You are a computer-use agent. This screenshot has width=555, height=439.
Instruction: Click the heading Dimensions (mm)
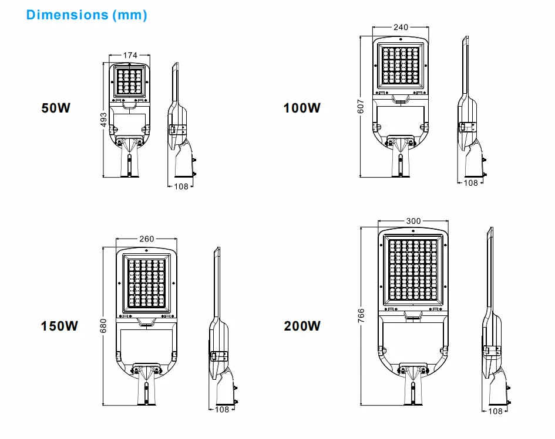(87, 15)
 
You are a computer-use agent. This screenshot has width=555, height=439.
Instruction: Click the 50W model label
(56, 108)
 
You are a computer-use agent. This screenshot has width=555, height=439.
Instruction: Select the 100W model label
(302, 108)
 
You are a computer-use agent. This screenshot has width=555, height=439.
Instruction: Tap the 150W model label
(59, 326)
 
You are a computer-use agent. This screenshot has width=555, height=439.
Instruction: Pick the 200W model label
(302, 326)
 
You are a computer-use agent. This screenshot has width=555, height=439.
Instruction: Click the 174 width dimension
(130, 55)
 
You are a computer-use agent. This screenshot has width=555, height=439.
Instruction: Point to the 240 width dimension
(401, 27)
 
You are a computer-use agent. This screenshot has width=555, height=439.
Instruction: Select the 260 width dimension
(147, 239)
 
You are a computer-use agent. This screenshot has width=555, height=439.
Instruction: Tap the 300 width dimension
(413, 221)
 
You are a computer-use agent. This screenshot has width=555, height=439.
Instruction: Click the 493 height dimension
(103, 120)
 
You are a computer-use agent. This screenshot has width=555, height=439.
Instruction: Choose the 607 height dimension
(361, 106)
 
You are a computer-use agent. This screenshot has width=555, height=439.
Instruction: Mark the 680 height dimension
(103, 326)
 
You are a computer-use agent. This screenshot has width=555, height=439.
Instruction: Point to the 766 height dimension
(361, 315)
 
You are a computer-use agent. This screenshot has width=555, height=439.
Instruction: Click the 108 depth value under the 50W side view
(181, 186)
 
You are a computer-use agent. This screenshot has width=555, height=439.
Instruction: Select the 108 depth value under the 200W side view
(495, 411)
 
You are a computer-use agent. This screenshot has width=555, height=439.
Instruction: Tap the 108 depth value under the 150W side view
(222, 410)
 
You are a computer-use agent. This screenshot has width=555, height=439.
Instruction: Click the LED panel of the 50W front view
(130, 82)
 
